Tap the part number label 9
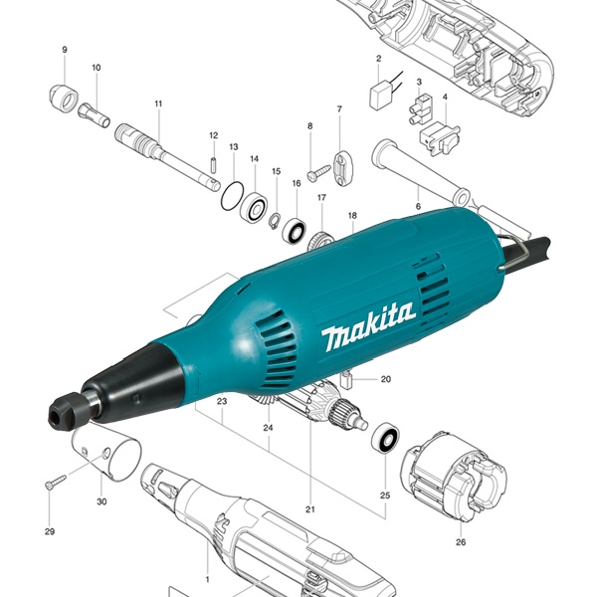65,50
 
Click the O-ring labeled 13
232,196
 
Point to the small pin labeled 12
214,162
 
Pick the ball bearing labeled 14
254,208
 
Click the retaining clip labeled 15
275,221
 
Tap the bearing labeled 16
295,231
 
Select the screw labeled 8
319,171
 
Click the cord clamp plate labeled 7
344,169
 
